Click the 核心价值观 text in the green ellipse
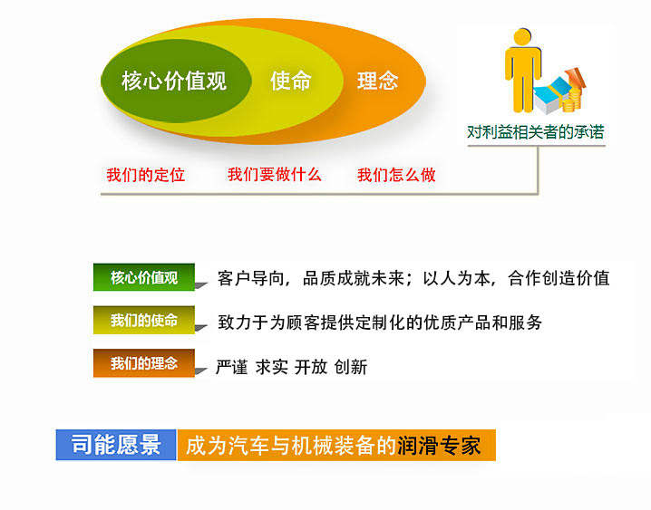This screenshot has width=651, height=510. coord(174,81)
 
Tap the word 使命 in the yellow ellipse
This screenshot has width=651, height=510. coord(290,81)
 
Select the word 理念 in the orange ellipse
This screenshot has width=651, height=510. coord(377,81)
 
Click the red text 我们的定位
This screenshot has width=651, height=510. coord(145,175)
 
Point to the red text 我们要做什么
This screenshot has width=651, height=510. coord(274,175)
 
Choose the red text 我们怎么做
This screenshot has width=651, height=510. coord(396,175)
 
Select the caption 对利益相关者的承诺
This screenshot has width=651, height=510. coord(535,132)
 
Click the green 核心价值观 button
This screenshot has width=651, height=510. coord(144,277)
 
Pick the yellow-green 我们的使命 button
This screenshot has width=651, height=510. coord(144,321)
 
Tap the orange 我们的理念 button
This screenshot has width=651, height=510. coord(144,363)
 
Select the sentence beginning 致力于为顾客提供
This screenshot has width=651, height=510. coord(380,322)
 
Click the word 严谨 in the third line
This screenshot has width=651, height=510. coord(231,367)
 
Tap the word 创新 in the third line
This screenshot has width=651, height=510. coord(350,367)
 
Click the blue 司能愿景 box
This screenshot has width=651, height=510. coord(116,445)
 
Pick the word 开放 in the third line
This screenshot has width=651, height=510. coord(310,367)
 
